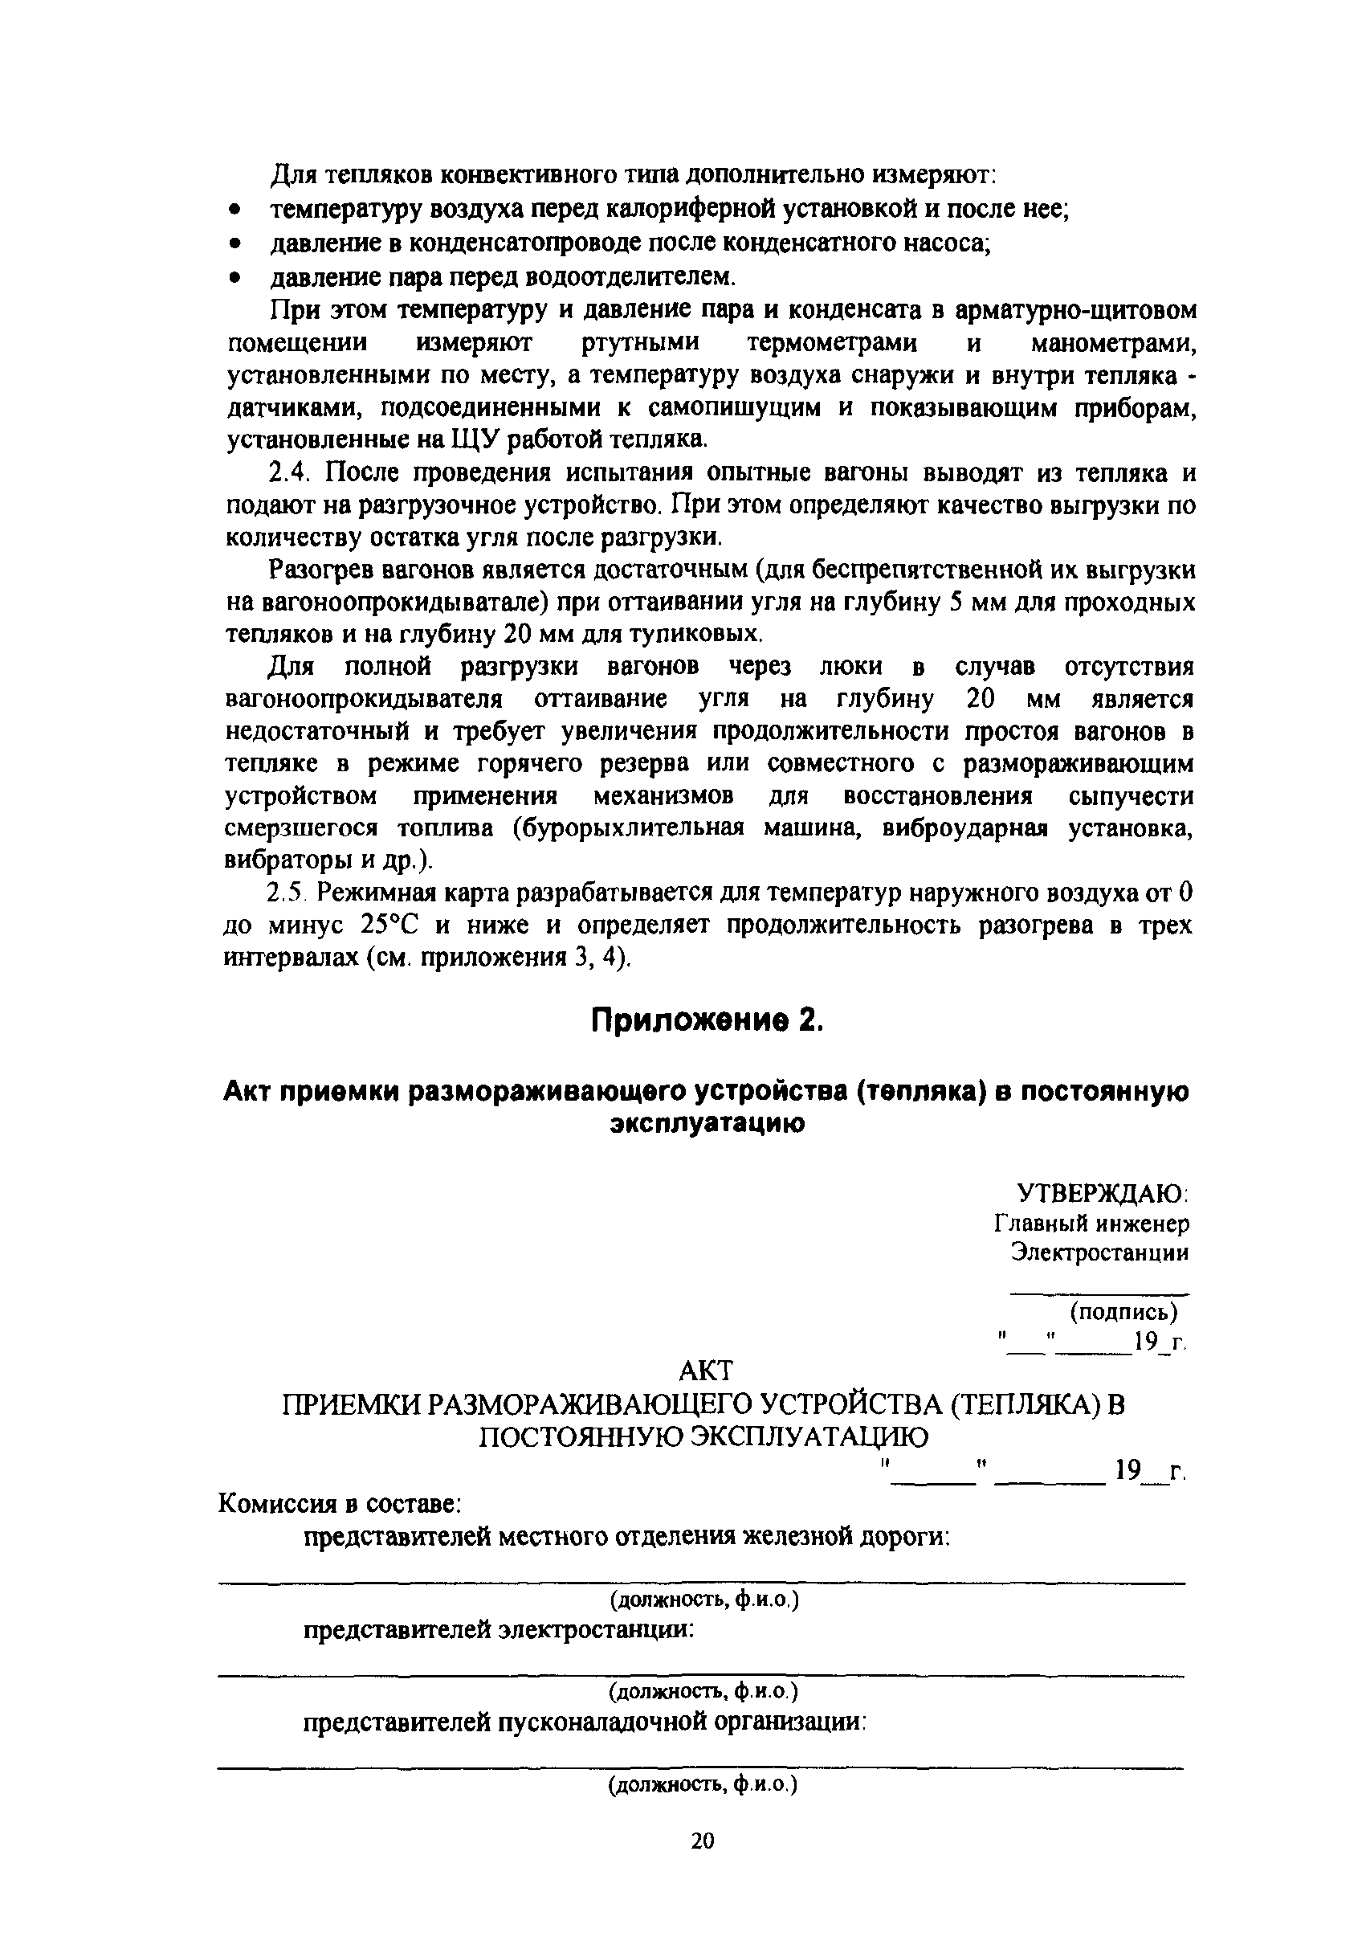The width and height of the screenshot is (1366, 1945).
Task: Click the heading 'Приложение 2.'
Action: pos(707,1022)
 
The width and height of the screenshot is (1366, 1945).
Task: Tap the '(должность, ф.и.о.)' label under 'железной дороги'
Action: pos(702,1600)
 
